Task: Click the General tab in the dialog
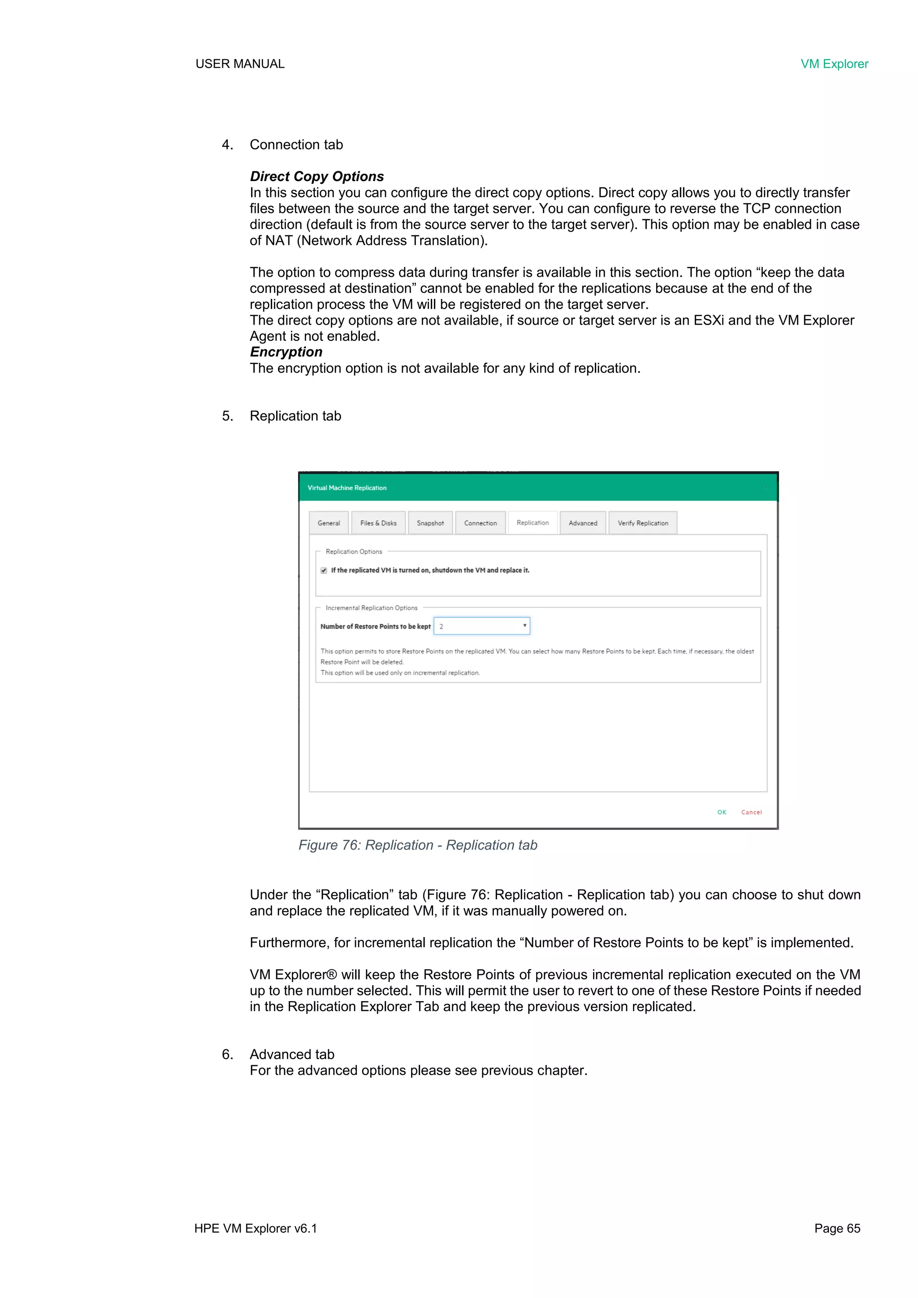tap(329, 523)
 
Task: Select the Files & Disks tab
tap(378, 523)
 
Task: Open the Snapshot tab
tap(430, 523)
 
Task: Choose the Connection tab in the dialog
tap(481, 523)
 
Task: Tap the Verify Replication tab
tap(643, 523)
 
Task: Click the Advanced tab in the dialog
tap(583, 523)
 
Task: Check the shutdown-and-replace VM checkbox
tap(324, 570)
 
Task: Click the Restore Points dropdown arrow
tap(524, 625)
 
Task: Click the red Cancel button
tap(751, 812)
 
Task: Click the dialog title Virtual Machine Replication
tap(347, 488)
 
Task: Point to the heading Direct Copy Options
tap(316, 176)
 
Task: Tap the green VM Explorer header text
tap(834, 64)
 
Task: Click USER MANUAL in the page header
tap(240, 64)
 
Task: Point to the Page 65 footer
tap(837, 1229)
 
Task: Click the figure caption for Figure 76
tap(418, 845)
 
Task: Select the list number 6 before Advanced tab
tap(227, 1055)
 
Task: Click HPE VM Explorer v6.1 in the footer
tap(255, 1229)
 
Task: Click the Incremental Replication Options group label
tap(372, 608)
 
